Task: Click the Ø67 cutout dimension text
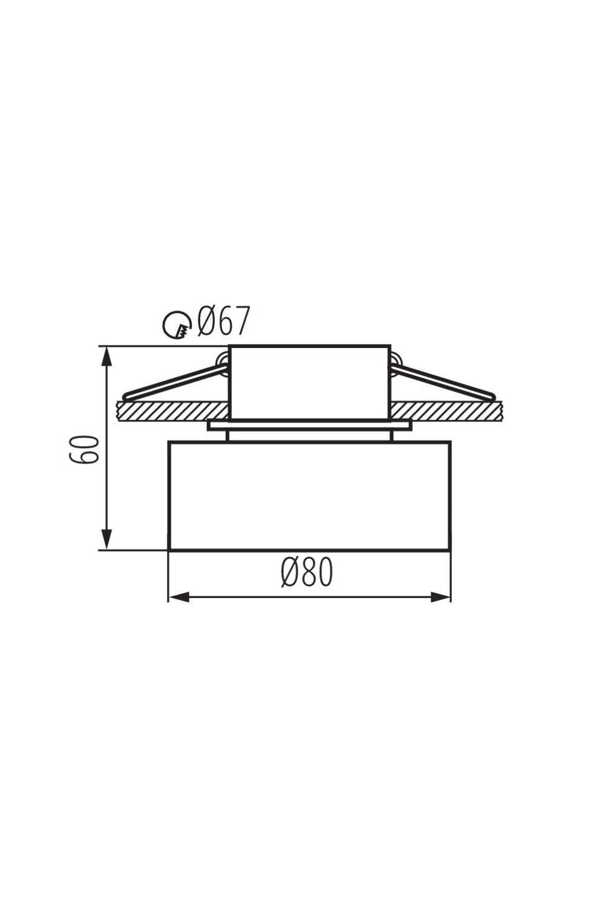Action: (x=222, y=321)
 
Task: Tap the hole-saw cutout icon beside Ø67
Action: (x=177, y=326)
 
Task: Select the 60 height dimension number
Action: (x=84, y=450)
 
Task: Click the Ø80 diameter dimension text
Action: (x=307, y=572)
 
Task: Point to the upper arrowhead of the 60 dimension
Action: (x=106, y=357)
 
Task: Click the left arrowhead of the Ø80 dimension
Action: (x=179, y=597)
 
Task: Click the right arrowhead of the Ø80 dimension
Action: (x=440, y=597)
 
